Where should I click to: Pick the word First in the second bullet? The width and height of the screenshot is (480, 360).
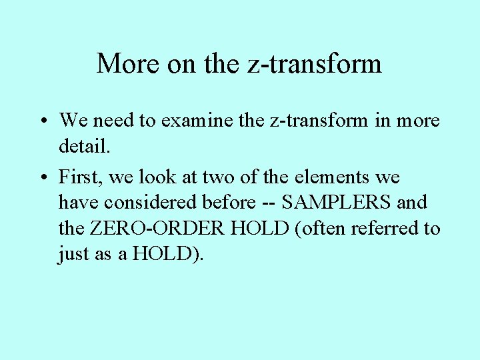click(x=79, y=177)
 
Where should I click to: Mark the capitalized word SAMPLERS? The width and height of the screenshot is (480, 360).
click(x=337, y=202)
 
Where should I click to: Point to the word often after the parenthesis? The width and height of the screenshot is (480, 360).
click(x=327, y=229)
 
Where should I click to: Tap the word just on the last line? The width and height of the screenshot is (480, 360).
click(x=73, y=255)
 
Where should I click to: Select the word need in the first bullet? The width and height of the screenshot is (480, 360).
click(x=115, y=121)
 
